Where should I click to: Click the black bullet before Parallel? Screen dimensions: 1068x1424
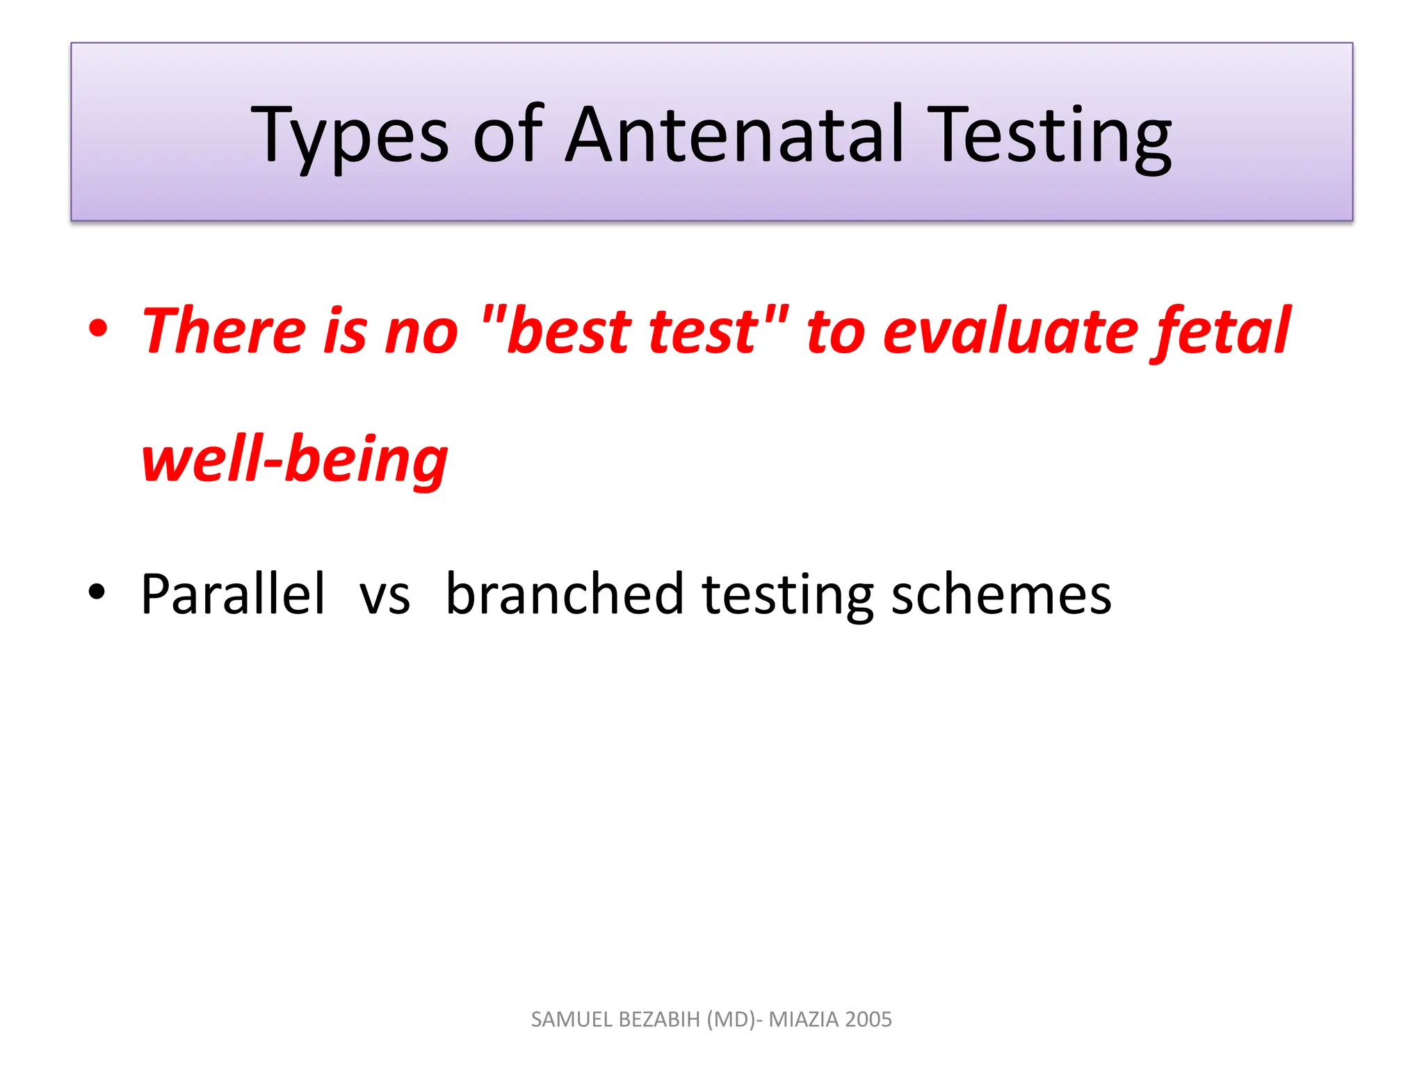97,592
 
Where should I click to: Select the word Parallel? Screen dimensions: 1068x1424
233,594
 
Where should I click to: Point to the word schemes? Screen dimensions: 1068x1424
1001,595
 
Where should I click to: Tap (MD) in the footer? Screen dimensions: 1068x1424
730,1019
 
